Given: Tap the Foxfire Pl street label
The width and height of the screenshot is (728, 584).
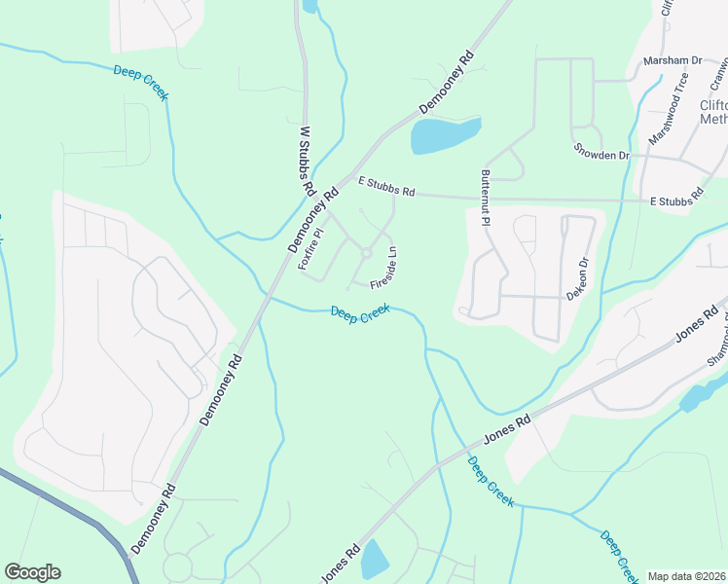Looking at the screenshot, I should (x=310, y=248).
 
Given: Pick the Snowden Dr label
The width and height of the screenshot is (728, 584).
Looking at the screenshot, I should (x=601, y=154).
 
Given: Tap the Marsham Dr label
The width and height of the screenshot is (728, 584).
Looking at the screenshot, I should (x=673, y=60).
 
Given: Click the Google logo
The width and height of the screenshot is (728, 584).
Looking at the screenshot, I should (x=32, y=572).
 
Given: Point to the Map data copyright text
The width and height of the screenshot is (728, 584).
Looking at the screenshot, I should (x=686, y=576).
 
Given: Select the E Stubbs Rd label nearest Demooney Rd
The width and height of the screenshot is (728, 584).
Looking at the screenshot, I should (x=386, y=186).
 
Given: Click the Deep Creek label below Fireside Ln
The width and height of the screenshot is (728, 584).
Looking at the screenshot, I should (x=360, y=312).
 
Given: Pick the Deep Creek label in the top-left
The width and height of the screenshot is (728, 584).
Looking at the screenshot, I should (x=141, y=83).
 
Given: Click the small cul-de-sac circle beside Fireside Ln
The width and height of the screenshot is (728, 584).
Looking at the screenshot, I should (x=366, y=253).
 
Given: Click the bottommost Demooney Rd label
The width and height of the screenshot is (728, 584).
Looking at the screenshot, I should (x=154, y=517).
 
